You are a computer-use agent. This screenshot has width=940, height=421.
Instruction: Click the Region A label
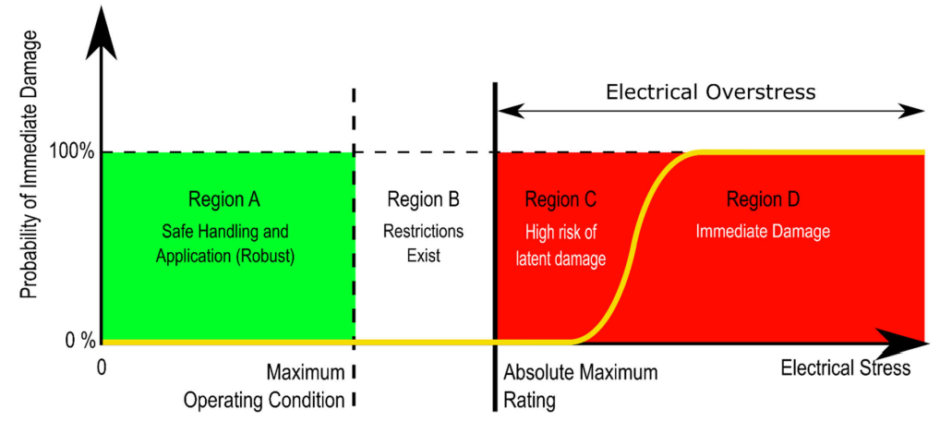coord(224,199)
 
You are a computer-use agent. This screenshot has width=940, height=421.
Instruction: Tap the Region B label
coord(423,199)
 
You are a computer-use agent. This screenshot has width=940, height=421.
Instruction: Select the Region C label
coord(560,199)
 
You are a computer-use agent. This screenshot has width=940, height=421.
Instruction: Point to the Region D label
coord(763,199)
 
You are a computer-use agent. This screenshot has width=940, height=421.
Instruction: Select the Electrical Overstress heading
coord(710,92)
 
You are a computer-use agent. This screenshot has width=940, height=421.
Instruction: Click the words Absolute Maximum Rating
coord(580,387)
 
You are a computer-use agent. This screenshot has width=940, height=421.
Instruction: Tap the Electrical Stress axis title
coord(845,368)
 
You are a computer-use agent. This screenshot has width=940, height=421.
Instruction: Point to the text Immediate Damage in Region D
coord(763,231)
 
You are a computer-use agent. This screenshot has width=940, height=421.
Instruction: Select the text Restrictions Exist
coord(423,243)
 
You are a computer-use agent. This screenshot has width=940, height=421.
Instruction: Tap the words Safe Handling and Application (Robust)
coord(224,243)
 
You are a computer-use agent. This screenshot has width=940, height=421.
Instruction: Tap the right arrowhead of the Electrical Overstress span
coord(913,111)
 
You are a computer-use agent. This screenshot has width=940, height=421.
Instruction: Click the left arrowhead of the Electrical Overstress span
coord(508,111)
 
